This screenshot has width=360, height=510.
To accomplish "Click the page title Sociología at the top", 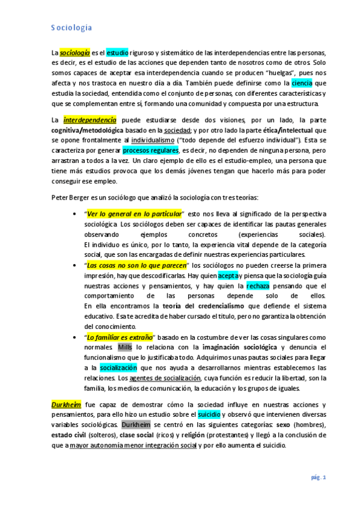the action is (x=71, y=27).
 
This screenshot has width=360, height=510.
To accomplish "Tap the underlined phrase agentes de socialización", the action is (x=165, y=377).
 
